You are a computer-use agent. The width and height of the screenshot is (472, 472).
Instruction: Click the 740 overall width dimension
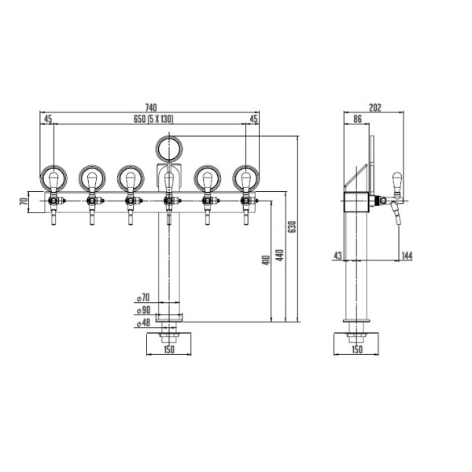pos(151,107)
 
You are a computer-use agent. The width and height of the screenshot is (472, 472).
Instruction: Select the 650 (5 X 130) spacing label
pos(153,119)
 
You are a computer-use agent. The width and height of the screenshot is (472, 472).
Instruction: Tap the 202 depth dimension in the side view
pos(375,108)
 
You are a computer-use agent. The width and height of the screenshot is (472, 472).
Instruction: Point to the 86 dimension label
pos(357,119)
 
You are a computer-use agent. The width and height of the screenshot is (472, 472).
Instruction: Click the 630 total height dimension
pos(292,227)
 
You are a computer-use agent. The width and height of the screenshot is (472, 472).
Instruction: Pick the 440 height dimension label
pos(280,255)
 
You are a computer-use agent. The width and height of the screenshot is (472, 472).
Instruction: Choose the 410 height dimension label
pos(266,260)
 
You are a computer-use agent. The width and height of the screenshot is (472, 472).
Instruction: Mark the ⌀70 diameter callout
pos(143,297)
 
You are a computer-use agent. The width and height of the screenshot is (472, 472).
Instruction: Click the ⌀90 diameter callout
pos(143,311)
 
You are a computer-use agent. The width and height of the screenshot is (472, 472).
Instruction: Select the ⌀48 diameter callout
pos(143,323)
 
